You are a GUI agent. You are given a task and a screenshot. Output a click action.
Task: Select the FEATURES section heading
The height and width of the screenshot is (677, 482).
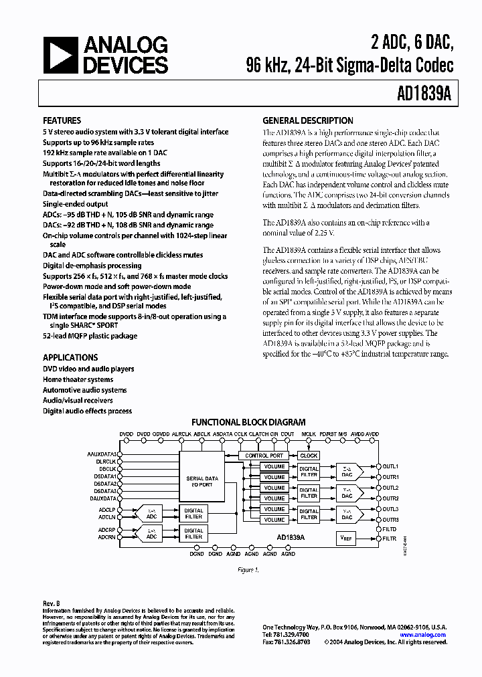(62, 121)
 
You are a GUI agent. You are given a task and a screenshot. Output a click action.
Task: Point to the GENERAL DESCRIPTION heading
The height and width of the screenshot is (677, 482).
(307, 120)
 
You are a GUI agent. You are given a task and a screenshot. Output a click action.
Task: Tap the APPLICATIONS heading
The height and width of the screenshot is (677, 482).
(70, 357)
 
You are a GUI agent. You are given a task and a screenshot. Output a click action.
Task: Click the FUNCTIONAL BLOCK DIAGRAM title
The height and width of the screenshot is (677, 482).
(248, 422)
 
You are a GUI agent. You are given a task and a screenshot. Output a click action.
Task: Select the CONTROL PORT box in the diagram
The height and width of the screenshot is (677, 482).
(265, 456)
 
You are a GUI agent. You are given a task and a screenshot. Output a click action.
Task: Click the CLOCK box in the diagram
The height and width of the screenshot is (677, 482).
(309, 456)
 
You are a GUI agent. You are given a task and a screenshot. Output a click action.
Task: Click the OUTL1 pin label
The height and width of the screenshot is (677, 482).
(390, 466)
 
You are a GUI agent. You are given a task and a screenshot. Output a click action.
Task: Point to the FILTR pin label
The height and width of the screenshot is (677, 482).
(390, 539)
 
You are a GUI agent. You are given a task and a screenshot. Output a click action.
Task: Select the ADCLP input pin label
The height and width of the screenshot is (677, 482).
(107, 509)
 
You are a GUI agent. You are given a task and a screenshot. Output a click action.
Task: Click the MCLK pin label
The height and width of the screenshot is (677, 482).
(308, 434)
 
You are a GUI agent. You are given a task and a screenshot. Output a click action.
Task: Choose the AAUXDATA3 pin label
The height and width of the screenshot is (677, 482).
(102, 454)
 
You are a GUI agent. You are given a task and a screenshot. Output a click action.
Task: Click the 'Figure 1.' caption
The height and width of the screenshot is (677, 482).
(248, 570)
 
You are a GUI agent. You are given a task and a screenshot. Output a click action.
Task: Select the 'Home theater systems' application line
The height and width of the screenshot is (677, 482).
(78, 379)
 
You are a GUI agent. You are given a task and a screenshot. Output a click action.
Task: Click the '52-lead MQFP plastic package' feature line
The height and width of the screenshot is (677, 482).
(90, 336)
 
